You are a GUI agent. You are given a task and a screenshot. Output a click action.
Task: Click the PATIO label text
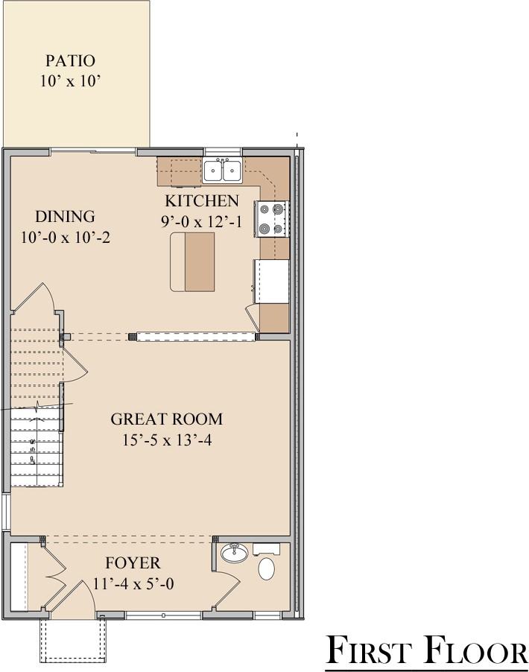pyautogui.click(x=70, y=60)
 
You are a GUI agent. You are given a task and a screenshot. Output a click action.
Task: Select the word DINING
pyautogui.click(x=66, y=217)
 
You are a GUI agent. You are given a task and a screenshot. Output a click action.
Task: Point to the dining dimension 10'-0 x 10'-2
pyautogui.click(x=66, y=238)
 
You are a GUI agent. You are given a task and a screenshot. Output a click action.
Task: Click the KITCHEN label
pyautogui.click(x=201, y=200)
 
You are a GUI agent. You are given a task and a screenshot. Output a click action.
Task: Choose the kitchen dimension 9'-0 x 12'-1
pyautogui.click(x=201, y=221)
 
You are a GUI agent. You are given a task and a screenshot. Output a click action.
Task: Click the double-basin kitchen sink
pyautogui.click(x=222, y=171)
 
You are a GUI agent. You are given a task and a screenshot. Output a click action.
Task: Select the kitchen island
pyautogui.click(x=192, y=261)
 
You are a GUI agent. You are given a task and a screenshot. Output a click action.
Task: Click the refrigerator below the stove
pyautogui.click(x=272, y=281)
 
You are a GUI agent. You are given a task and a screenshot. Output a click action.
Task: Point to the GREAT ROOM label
pyautogui.click(x=166, y=419)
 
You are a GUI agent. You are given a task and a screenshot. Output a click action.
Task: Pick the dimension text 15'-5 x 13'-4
pyautogui.click(x=166, y=440)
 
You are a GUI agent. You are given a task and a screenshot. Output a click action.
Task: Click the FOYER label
pyautogui.click(x=133, y=563)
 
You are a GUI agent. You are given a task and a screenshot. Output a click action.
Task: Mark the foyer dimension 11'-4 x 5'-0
pyautogui.click(x=133, y=584)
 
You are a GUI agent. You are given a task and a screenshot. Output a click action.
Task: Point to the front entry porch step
pyautogui.click(x=72, y=639)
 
